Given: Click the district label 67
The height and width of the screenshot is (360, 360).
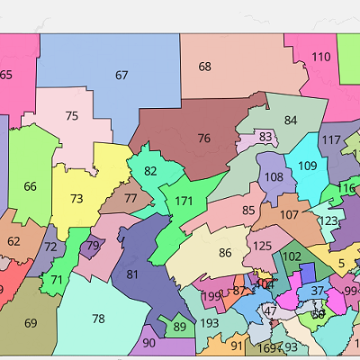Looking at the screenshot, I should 121,76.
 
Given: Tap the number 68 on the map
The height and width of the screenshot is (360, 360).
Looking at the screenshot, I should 205,67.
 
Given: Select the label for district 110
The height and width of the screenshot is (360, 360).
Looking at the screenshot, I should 320,57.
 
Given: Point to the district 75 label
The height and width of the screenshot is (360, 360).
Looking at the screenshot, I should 72,116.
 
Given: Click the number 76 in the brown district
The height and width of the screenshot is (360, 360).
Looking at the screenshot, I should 204,139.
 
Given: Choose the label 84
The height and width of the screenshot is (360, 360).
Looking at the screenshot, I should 290,121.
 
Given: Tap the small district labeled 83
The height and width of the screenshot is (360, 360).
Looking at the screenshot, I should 265,137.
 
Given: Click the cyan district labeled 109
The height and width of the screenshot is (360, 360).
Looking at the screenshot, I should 308,166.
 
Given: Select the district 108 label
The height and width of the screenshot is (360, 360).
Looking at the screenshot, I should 274,177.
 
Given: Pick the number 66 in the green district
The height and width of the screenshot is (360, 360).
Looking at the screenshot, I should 31,186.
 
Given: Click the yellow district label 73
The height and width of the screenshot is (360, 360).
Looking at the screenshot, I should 76,199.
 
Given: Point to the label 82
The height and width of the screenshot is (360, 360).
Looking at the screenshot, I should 150,171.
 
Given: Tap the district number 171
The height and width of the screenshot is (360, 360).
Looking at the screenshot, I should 184,200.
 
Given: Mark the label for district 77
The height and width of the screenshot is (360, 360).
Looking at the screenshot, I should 131,199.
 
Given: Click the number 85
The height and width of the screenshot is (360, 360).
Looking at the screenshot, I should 248,211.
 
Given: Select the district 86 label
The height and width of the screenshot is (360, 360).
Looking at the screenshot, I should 225,253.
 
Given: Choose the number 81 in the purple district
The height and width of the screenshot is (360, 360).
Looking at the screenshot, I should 132,274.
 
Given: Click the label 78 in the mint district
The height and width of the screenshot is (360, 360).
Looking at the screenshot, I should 98,319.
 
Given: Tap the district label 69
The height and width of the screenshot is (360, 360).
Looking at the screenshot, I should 31,323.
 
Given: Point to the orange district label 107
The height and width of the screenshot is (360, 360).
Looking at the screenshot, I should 289,215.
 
